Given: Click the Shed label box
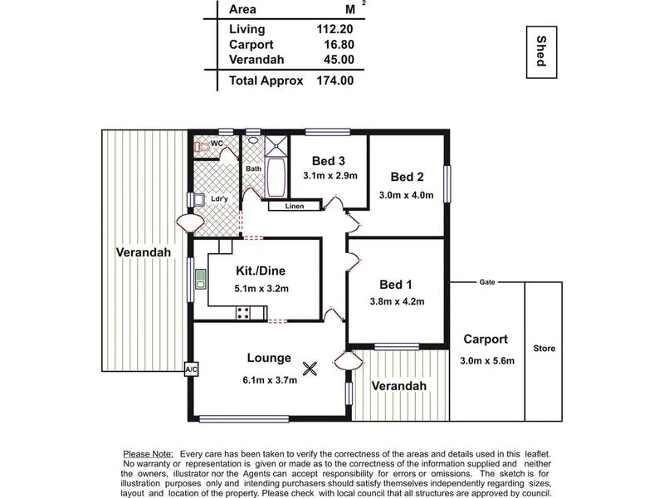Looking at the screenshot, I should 540,52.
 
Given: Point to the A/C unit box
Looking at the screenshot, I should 190,368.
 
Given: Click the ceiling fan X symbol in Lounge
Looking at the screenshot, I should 310,369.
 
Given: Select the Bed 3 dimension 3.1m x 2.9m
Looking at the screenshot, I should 330,176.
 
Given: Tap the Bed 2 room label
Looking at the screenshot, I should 408,176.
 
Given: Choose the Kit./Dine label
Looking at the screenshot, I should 261,271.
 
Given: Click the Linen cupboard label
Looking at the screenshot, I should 294,206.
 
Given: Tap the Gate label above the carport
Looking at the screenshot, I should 487,282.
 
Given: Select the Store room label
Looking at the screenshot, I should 544,348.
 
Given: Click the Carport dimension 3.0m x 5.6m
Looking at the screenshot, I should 487,360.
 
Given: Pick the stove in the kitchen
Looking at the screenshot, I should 244,313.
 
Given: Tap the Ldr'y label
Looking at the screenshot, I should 219,199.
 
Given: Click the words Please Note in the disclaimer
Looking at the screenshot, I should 148,454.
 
